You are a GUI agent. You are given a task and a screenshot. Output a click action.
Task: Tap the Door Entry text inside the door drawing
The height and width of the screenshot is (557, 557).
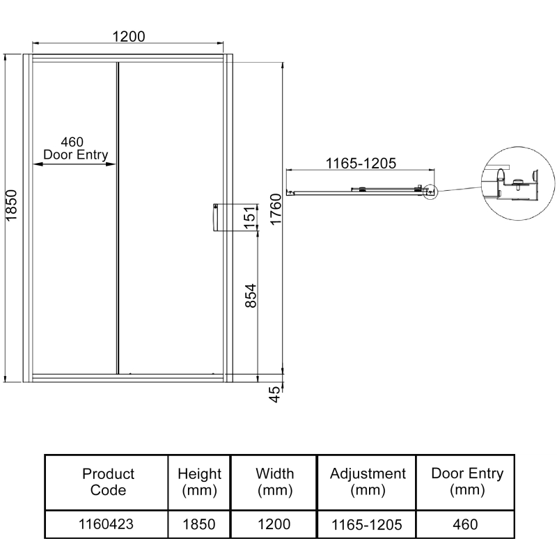[x=76, y=155]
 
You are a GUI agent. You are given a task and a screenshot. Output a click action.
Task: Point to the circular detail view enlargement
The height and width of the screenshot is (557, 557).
[x=512, y=181]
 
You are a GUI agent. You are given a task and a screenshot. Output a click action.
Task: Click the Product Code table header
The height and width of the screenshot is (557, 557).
[x=108, y=482]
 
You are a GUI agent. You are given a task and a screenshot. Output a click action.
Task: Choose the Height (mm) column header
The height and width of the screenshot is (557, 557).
[x=200, y=482]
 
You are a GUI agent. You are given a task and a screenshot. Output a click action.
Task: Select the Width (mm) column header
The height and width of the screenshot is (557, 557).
[x=274, y=482]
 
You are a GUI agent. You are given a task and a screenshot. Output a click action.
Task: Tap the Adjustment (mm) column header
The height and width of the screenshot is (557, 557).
[x=368, y=482]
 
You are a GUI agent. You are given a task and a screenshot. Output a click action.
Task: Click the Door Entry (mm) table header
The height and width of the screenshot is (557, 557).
[x=467, y=482]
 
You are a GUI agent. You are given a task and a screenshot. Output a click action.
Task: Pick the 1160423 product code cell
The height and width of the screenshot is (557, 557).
[x=108, y=524]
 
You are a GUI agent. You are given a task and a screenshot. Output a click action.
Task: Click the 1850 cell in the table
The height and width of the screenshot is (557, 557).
[x=200, y=524]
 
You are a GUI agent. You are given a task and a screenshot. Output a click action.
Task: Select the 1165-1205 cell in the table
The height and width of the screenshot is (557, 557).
[x=368, y=524]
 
